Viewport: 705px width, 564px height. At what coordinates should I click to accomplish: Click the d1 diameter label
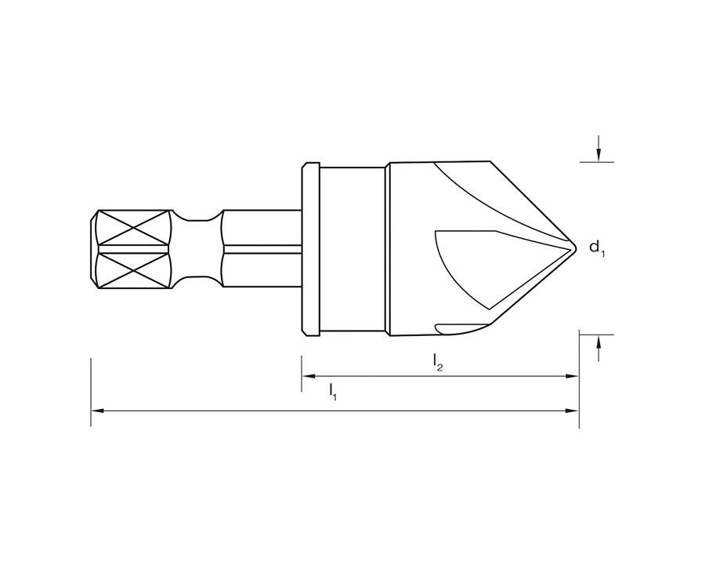(597, 248)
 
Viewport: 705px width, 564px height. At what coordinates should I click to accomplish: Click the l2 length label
(437, 363)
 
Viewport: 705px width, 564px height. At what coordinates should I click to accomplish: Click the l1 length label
(333, 392)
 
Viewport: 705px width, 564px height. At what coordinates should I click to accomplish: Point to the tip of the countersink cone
(576, 247)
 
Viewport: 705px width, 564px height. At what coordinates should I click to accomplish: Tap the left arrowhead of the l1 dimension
(98, 410)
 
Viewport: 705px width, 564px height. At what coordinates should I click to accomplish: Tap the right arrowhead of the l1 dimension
(572, 410)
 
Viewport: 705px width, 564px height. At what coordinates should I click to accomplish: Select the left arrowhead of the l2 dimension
(309, 376)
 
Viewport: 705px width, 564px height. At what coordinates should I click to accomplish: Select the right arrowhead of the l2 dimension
(572, 376)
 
